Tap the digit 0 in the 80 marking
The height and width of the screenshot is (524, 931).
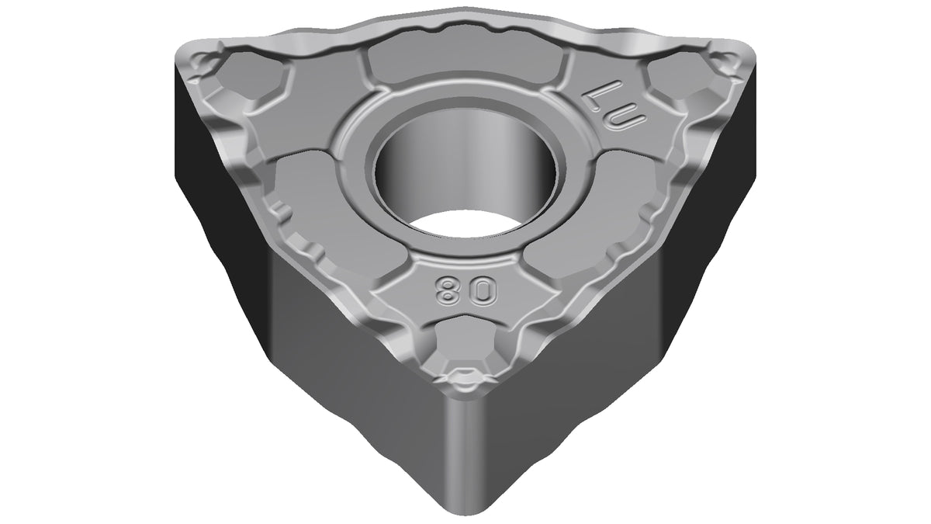(485, 290)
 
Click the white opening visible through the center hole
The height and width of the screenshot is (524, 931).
(464, 224)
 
